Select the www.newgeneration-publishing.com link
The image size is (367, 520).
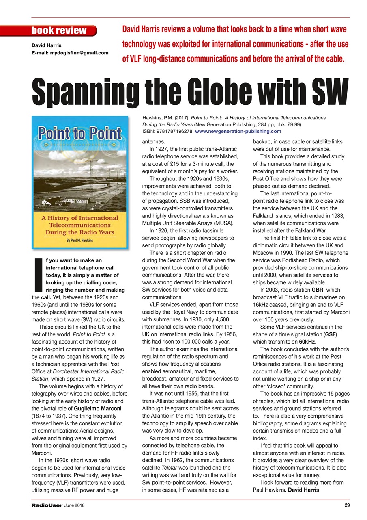tap(238, 131)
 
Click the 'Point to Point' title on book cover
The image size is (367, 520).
tap(80, 133)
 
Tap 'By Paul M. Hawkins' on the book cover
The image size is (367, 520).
tap(79, 240)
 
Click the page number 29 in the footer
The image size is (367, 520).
tap(346, 505)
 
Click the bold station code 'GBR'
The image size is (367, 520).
tap(317, 290)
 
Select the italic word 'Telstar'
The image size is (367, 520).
tap(172, 468)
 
